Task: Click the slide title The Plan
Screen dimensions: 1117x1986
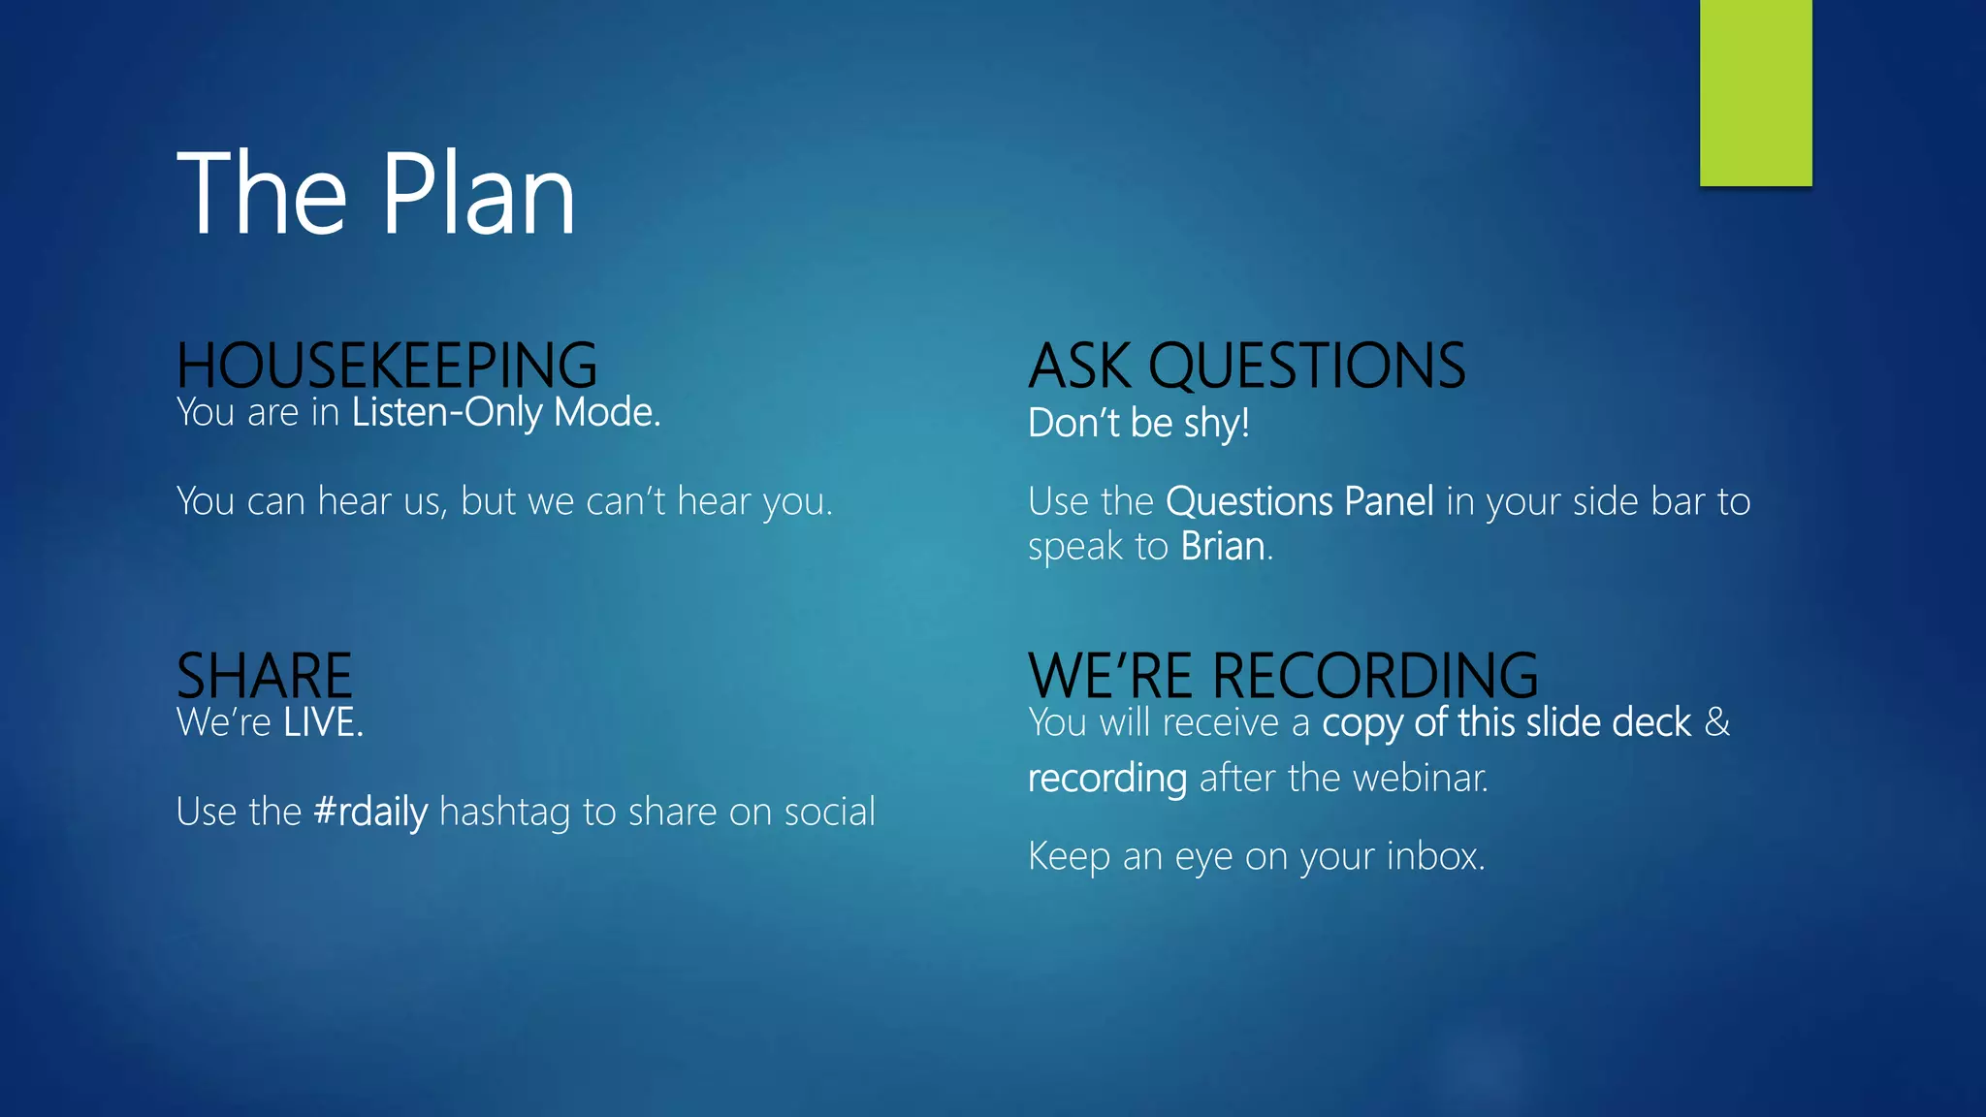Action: point(376,194)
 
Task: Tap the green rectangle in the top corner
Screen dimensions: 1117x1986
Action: point(1755,92)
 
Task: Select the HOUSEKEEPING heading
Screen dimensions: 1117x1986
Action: point(386,366)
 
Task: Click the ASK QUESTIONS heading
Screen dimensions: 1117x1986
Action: point(1246,367)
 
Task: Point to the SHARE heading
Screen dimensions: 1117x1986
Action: point(264,676)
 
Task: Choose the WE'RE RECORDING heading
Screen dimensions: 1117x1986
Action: point(1282,676)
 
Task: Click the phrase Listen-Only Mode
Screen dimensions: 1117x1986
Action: point(505,413)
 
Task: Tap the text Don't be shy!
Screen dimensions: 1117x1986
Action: point(1138,424)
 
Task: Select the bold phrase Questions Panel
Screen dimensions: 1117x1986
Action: point(1298,502)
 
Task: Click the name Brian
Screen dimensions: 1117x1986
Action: point(1223,547)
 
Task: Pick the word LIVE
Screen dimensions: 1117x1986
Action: point(322,723)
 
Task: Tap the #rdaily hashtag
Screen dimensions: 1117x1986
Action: point(370,813)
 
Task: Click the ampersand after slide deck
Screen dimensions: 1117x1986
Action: point(1717,723)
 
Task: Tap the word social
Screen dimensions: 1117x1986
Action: point(829,813)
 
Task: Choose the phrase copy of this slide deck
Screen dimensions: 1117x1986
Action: point(1506,723)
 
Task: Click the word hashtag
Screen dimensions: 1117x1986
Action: point(504,813)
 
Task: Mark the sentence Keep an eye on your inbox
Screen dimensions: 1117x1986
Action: point(1256,857)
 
